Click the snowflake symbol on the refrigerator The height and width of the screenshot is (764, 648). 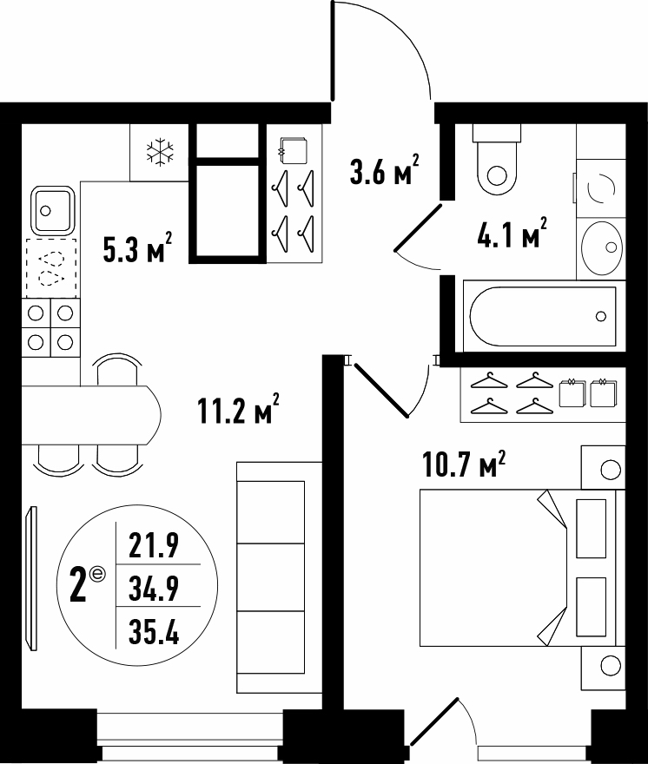coord(160,152)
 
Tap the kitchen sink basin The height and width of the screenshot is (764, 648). coord(53,210)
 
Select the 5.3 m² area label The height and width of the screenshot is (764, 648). coord(137,248)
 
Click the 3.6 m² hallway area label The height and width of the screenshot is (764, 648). coord(384,170)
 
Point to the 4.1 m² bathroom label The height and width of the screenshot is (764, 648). coord(512,233)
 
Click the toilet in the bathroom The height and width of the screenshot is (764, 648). coord(497,161)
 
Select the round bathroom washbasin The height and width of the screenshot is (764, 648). coord(603,247)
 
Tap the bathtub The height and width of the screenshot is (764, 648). coord(543,316)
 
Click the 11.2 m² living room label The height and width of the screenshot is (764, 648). coord(238,408)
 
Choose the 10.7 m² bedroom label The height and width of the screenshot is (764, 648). coord(463,464)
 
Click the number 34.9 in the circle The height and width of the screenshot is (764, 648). coord(154,588)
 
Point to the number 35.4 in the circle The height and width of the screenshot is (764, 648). coord(154,631)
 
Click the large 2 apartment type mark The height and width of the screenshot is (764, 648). coord(79,588)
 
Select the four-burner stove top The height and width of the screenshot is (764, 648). coord(50,327)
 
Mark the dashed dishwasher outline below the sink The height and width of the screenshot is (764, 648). coord(51,268)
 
